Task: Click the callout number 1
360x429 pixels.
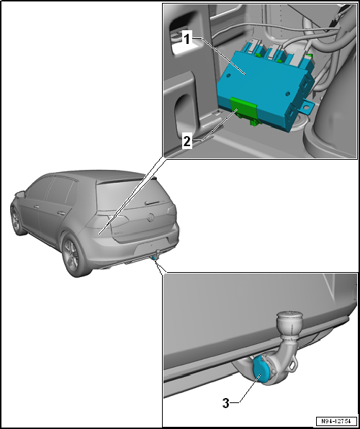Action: [186, 40]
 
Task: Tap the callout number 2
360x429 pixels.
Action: [187, 142]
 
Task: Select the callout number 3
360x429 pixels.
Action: [225, 403]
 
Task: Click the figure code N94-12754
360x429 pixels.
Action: [336, 420]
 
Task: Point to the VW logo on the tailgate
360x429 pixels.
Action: [151, 217]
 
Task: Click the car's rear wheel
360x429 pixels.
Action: [72, 256]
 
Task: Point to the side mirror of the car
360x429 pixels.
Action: [19, 194]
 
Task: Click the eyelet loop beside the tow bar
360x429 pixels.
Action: [293, 365]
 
